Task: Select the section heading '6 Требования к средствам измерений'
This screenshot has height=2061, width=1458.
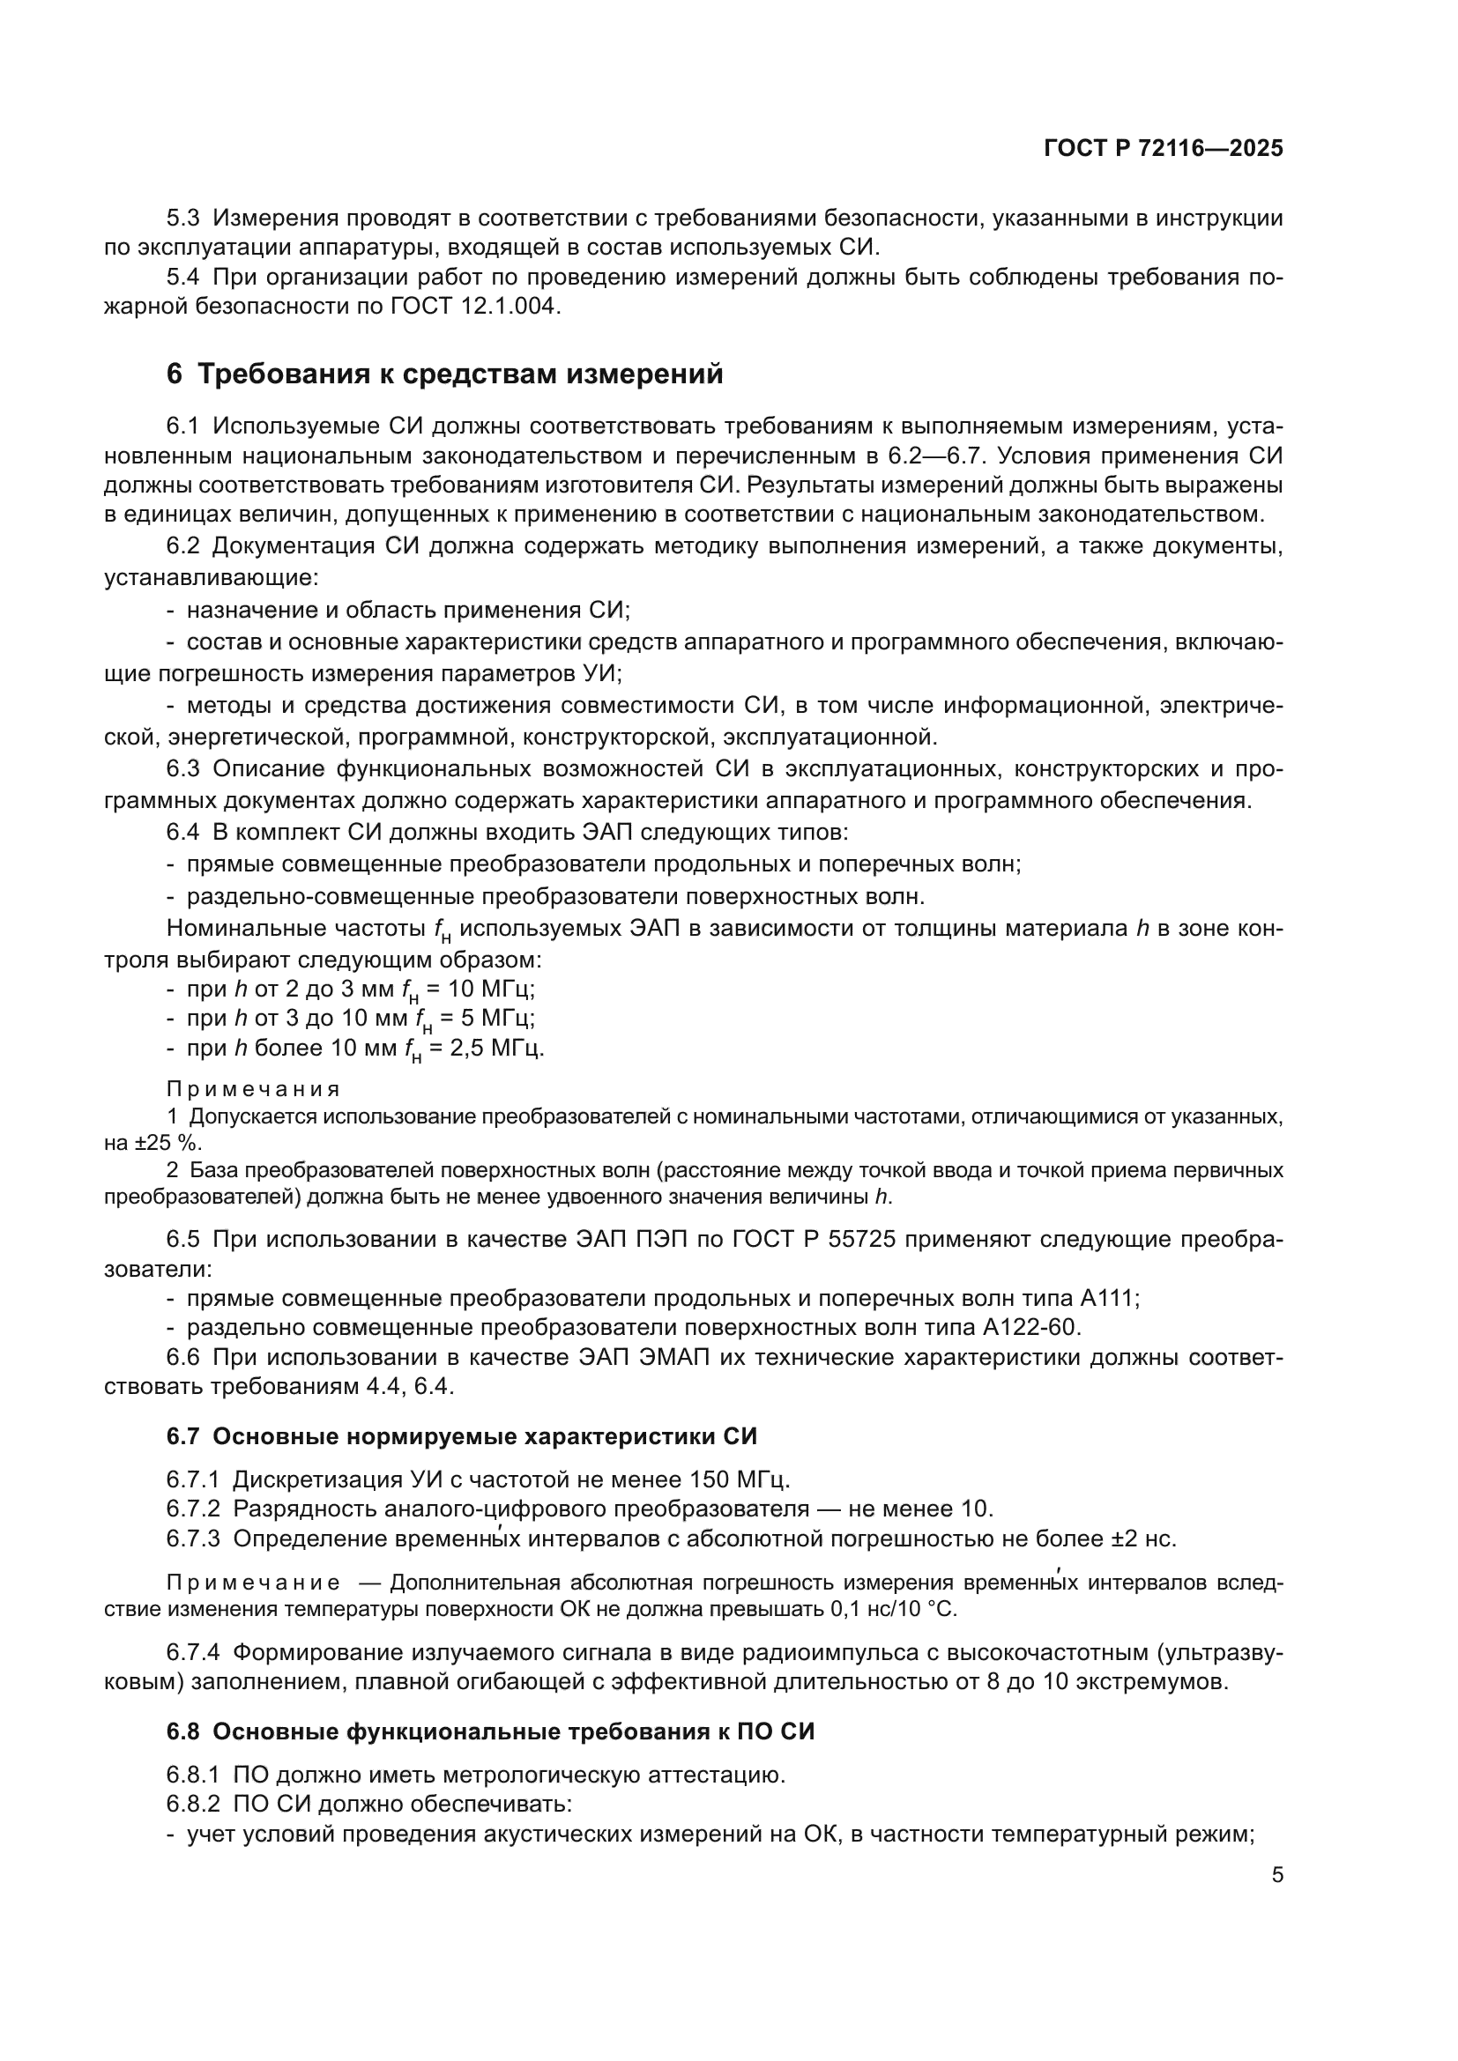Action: [x=444, y=374]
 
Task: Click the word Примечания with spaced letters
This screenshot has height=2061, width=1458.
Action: [x=253, y=1090]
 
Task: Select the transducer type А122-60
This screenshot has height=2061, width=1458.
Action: [x=1032, y=1327]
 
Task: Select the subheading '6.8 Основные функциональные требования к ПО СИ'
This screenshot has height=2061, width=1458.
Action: [x=490, y=1731]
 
